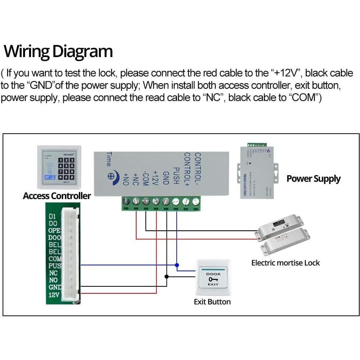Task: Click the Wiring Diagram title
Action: pyautogui.click(x=58, y=52)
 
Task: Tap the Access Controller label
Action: pyautogui.click(x=57, y=196)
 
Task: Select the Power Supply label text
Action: pyautogui.click(x=313, y=179)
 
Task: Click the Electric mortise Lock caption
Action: pyautogui.click(x=285, y=263)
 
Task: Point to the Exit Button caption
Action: pyautogui.click(x=212, y=302)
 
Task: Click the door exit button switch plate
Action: pyautogui.click(x=213, y=278)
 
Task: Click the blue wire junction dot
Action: pyautogui.click(x=177, y=265)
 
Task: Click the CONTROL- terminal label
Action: pyautogui.click(x=198, y=169)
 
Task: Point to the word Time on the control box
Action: pyautogui.click(x=109, y=159)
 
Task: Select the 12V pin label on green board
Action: pyautogui.click(x=54, y=294)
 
